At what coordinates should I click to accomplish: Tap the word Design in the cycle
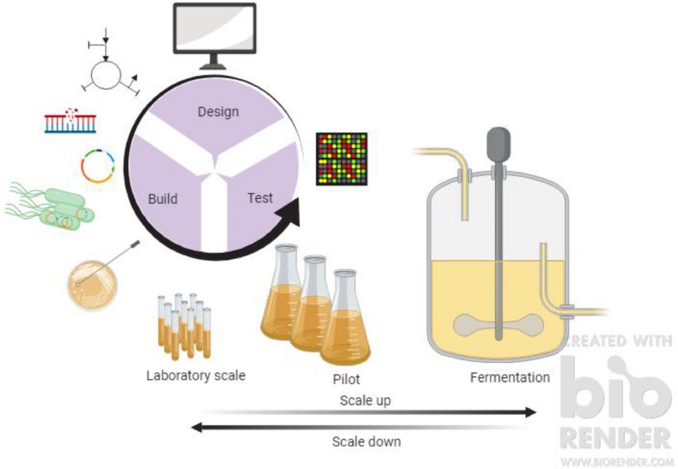pos(218,112)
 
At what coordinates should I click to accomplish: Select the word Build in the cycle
pos(163,199)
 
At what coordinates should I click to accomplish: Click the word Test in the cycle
pos(260,199)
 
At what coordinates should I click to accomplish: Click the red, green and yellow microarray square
pos(341,159)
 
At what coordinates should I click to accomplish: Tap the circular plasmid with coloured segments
pos(98,166)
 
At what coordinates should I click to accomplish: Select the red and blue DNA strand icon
pos(70,120)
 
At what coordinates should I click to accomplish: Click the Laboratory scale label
pos(196,375)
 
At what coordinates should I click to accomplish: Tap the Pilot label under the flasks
pos(347,379)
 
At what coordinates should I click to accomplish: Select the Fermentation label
pos(509,377)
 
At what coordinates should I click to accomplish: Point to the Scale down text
pos(366,442)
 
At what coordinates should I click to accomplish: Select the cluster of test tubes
pos(184,324)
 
